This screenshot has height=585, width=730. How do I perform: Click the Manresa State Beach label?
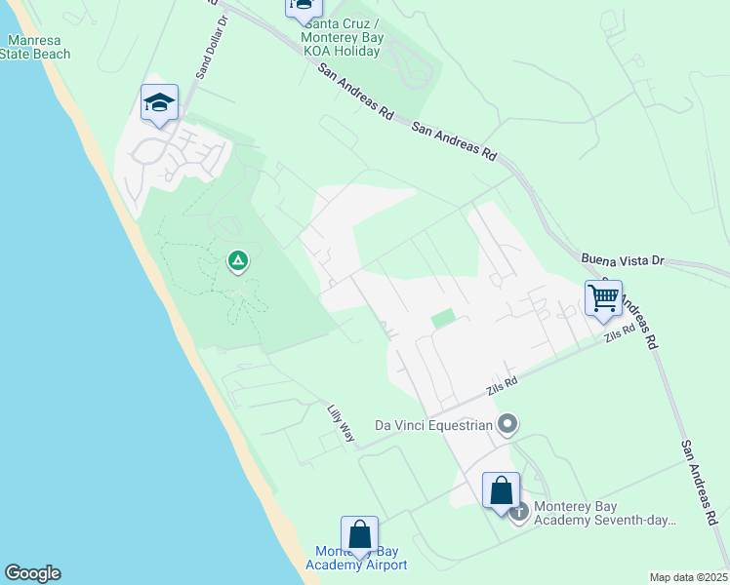(x=39, y=47)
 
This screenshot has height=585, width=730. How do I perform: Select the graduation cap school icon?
(x=159, y=102)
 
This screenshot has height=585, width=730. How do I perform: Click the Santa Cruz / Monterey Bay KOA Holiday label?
(x=342, y=38)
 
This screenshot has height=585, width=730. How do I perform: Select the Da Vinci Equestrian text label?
(x=434, y=425)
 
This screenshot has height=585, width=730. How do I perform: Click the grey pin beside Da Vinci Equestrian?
(x=507, y=424)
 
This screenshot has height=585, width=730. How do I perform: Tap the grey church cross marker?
(x=518, y=510)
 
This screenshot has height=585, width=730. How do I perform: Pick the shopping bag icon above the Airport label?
(x=359, y=534)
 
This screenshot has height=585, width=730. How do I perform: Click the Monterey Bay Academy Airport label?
(x=356, y=558)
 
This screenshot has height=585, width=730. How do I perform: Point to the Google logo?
(x=32, y=573)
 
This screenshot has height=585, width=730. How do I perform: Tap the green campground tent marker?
(x=237, y=260)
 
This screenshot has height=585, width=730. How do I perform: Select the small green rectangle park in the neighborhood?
(x=443, y=318)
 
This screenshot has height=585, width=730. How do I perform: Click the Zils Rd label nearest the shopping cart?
(x=619, y=334)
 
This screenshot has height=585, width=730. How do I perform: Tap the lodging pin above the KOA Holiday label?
(x=303, y=6)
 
